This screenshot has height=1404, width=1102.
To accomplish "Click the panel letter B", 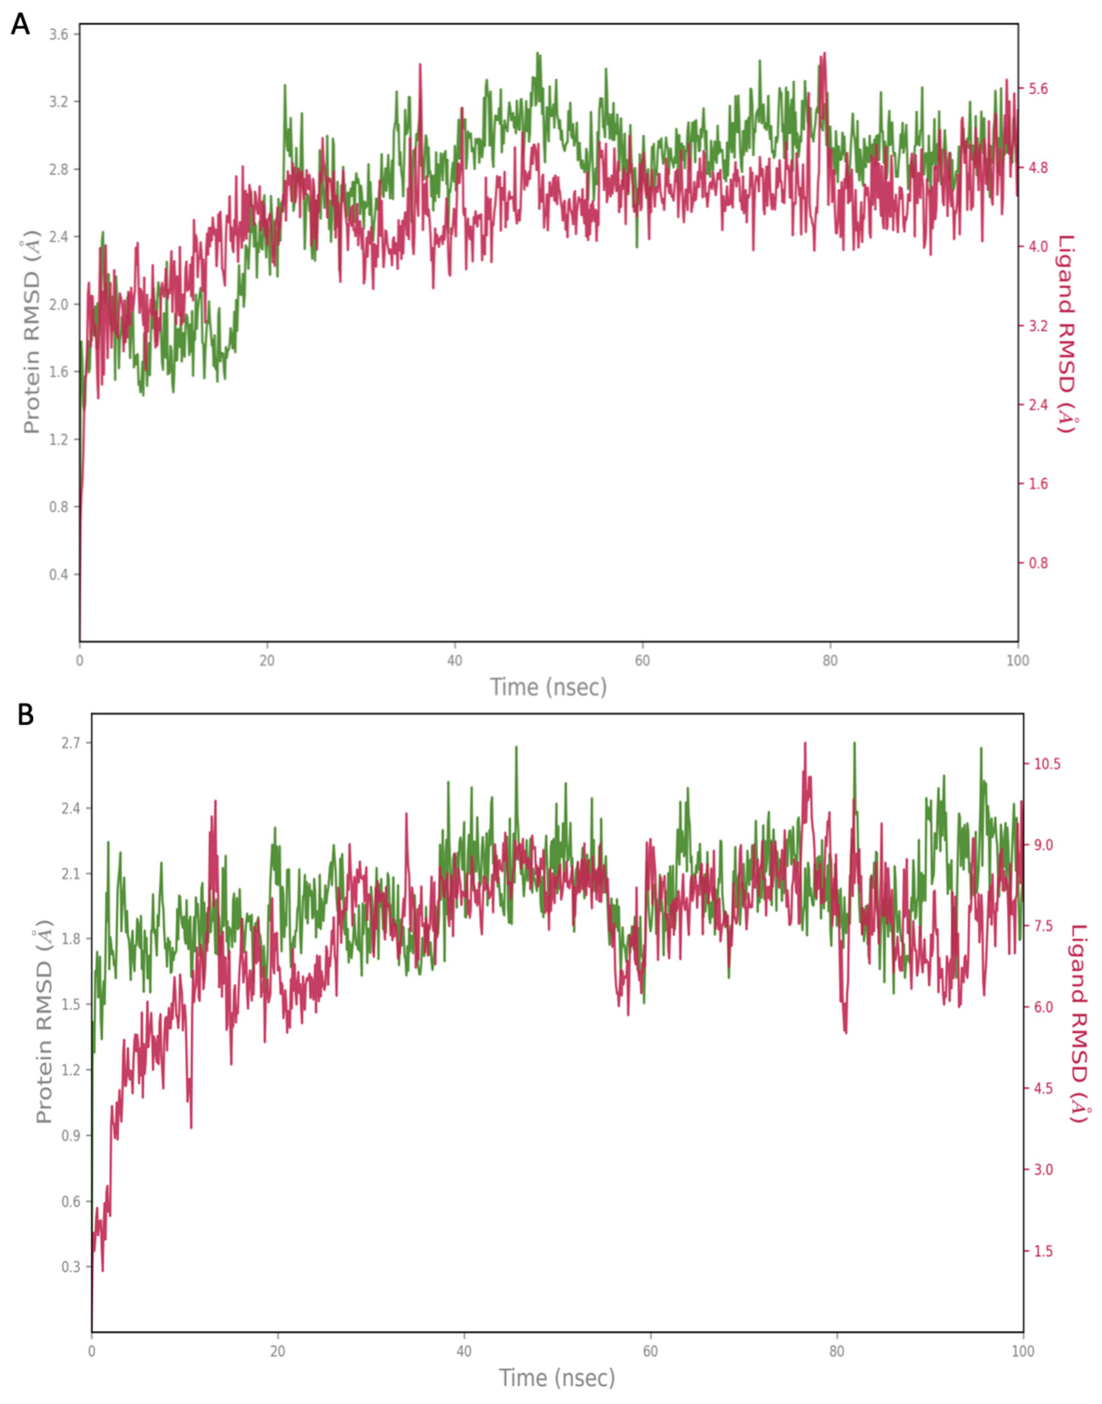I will tap(25, 715).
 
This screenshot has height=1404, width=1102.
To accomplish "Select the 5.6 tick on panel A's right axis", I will tap(1038, 89).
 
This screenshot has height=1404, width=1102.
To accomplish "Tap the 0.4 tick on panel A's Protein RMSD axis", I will tap(60, 574).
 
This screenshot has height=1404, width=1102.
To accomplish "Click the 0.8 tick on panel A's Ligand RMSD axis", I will tap(1038, 563).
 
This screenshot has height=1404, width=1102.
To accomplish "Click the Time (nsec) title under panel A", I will tap(548, 687).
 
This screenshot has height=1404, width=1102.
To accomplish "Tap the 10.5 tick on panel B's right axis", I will tap(1047, 763).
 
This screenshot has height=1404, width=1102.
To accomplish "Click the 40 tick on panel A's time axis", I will tap(455, 661).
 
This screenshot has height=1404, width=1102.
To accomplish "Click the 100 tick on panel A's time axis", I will tap(1017, 661).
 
